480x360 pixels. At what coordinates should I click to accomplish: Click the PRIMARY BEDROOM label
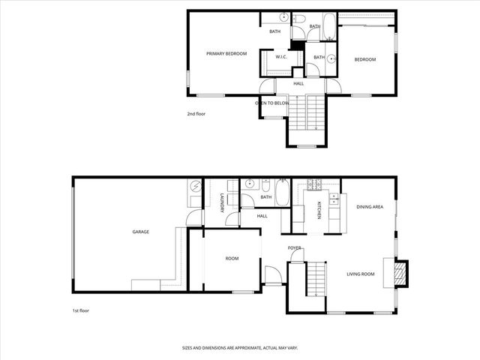[x=226, y=53]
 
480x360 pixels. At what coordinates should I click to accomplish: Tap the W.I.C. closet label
[x=281, y=57]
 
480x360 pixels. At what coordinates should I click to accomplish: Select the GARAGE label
[x=141, y=232]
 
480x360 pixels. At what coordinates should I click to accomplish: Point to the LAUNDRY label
[x=223, y=204]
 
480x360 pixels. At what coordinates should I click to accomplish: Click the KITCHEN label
[x=319, y=210]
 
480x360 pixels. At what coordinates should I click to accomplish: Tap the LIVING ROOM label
[x=360, y=274]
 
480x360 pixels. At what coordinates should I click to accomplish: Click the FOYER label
[x=295, y=247]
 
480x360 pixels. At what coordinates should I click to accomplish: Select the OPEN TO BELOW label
[x=272, y=103]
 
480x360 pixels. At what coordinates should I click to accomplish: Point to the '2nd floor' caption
[x=196, y=114]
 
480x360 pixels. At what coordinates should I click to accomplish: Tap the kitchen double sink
[x=333, y=200]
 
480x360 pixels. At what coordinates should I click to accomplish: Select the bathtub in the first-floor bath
[x=282, y=193]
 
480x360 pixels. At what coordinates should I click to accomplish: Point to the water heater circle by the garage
[x=194, y=186]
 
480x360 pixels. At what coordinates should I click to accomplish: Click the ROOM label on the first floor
[x=232, y=259]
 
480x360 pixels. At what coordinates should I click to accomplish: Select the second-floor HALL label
[x=298, y=83]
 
